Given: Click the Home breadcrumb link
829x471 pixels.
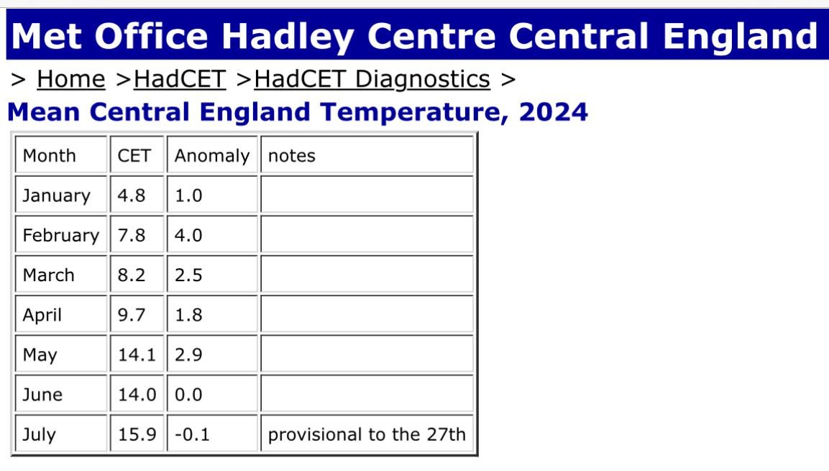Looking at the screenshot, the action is click(x=71, y=80).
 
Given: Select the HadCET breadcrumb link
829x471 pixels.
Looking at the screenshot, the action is click(x=180, y=80).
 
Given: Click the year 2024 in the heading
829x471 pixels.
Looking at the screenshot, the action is click(x=554, y=112).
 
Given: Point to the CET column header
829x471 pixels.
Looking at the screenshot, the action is click(x=134, y=156).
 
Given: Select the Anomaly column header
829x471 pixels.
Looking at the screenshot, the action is click(x=212, y=157).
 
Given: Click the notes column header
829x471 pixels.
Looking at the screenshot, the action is click(x=292, y=156).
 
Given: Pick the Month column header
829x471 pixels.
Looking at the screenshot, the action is click(x=49, y=156).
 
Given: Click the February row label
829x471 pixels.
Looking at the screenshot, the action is click(x=61, y=236).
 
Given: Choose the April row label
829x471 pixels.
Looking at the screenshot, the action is click(x=42, y=316).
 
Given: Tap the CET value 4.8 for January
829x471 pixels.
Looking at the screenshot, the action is click(x=131, y=196).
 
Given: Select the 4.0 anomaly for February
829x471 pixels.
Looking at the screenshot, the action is click(x=188, y=235).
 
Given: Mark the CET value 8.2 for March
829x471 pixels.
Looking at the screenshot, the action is click(x=131, y=275).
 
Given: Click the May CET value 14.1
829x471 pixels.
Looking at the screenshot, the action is click(x=137, y=355).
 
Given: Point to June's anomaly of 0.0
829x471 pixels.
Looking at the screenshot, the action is click(x=188, y=395).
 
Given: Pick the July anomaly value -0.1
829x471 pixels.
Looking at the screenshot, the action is click(x=192, y=434).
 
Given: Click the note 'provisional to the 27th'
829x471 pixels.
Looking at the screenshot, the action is click(x=367, y=435).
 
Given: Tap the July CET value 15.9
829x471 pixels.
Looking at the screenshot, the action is click(x=137, y=434).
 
